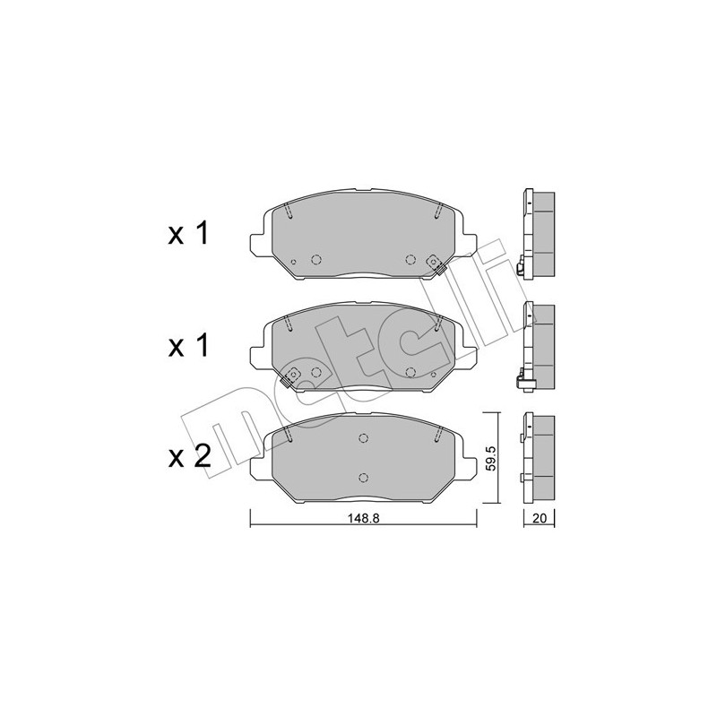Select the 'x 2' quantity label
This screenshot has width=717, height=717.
188,457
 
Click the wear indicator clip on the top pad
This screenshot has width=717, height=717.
436,263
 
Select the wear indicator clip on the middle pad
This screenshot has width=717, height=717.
289,378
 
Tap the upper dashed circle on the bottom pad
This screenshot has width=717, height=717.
363,438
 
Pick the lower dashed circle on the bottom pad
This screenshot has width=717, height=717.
363,477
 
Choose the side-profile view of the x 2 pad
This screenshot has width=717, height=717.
538,457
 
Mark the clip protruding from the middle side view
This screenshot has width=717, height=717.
523,381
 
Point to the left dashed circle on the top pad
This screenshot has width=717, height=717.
315,259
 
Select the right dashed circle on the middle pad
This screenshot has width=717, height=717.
410,371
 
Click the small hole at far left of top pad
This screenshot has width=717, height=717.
294,262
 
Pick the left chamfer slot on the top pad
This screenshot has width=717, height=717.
286,212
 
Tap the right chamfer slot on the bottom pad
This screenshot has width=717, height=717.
436,433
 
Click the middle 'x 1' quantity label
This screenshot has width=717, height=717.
188,347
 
